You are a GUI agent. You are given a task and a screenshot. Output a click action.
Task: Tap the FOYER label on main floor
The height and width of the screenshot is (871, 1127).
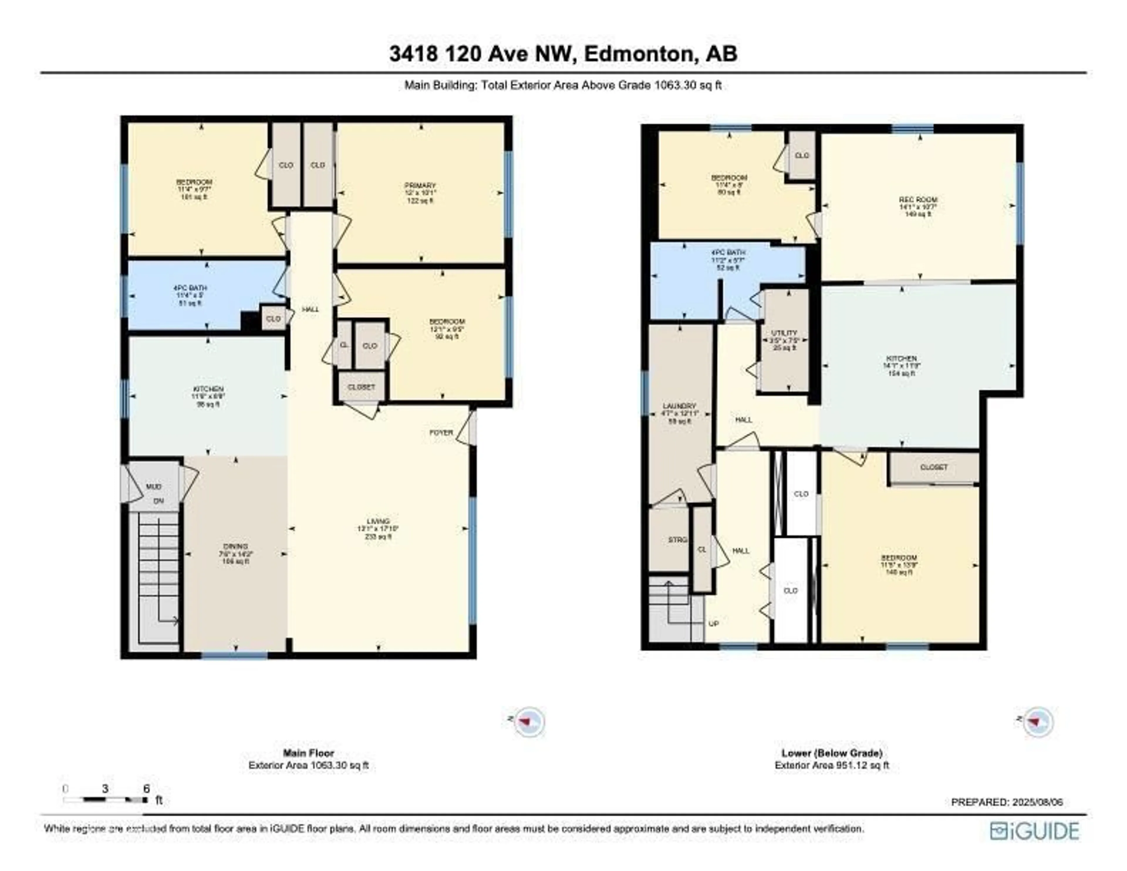(441, 433)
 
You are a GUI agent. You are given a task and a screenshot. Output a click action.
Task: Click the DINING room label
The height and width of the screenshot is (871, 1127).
(235, 546)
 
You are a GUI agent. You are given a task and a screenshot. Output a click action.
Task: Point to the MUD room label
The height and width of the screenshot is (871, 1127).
(153, 487)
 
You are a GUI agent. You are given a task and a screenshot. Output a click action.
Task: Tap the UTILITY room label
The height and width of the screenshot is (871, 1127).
(784, 333)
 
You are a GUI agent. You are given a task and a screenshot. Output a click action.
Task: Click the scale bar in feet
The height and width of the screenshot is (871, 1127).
(106, 800)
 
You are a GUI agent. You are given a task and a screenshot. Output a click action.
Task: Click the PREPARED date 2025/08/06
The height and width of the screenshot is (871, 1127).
(1007, 802)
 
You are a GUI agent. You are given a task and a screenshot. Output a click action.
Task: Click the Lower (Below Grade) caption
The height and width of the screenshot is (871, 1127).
(831, 753)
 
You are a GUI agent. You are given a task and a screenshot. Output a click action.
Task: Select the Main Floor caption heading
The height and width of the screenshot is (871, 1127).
(308, 753)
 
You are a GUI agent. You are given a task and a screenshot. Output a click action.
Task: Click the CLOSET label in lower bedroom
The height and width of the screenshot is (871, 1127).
(934, 467)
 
